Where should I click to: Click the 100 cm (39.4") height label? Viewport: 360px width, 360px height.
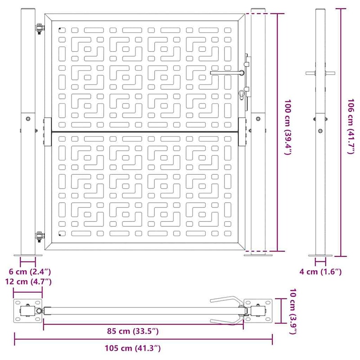tap(288, 127)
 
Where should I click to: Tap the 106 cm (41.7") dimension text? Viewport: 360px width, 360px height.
tap(351, 126)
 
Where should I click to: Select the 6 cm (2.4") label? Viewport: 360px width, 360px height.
tap(30, 272)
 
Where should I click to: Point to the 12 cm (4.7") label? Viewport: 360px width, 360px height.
tap(28, 282)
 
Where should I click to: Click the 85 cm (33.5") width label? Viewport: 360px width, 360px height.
tap(133, 331)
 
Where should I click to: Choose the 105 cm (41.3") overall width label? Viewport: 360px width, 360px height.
tap(133, 348)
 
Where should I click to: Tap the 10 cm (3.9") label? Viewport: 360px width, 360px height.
tap(293, 311)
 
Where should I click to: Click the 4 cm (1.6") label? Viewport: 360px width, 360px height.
tap(320, 272)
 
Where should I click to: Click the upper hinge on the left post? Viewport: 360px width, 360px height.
tap(40, 28)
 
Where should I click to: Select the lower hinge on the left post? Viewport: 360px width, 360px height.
tap(40, 237)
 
